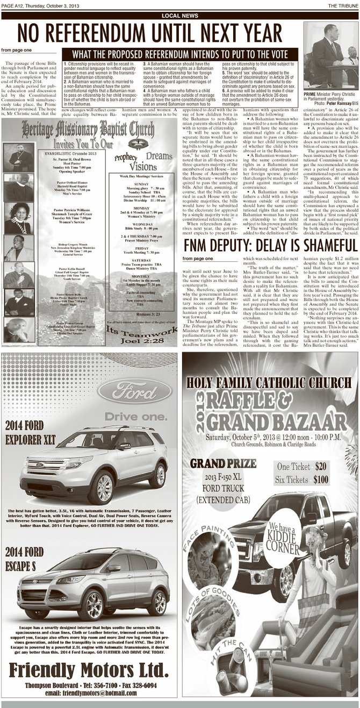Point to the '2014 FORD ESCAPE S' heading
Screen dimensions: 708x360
pos(25,558)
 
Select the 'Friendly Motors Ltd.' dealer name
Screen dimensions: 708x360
pos(89,670)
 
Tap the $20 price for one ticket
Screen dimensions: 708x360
pos(321,466)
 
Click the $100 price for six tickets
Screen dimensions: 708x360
pos(321,480)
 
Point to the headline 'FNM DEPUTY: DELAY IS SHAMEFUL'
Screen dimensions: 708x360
pos(270,246)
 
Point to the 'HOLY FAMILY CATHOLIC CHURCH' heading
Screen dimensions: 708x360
pos(269,383)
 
